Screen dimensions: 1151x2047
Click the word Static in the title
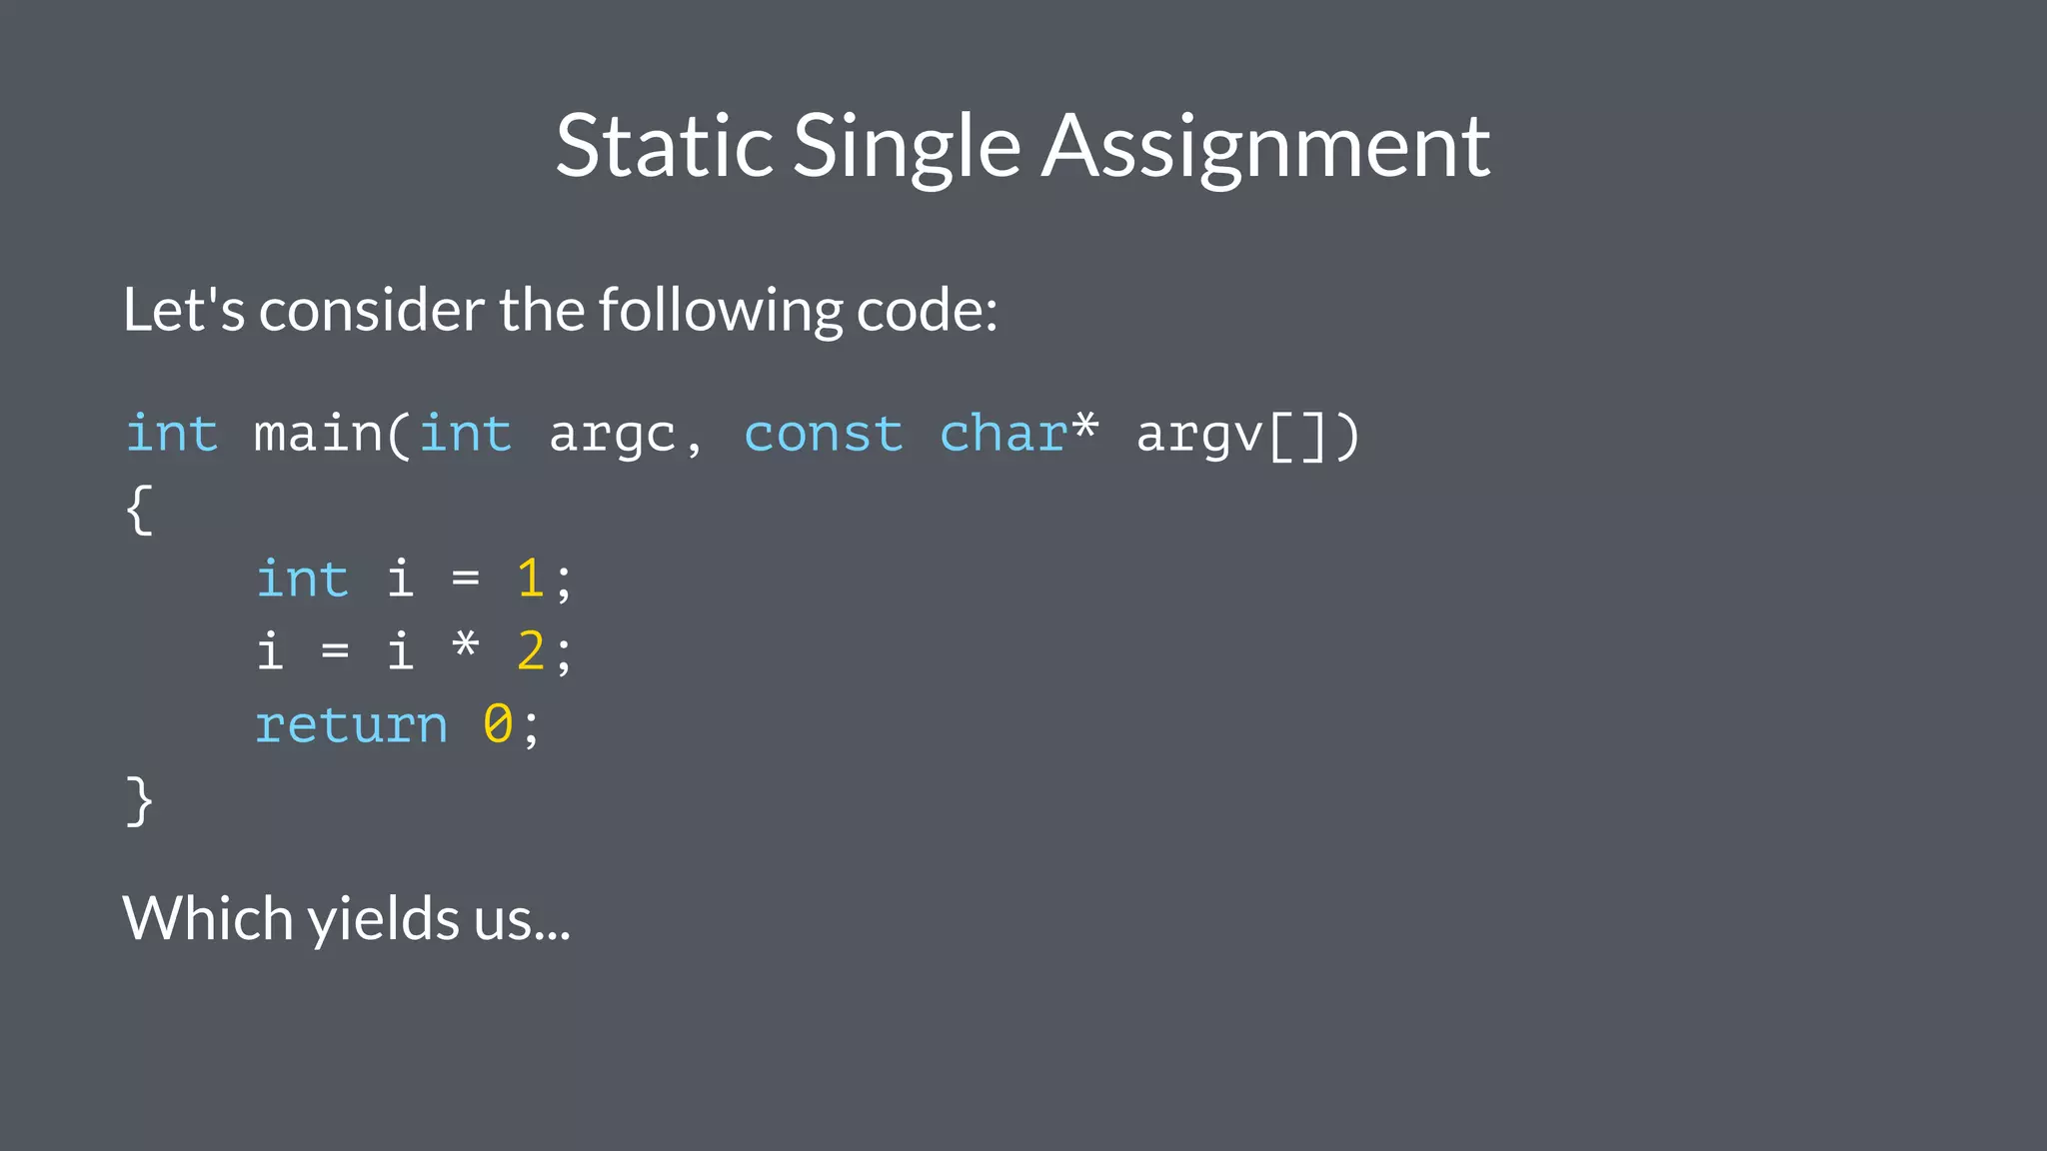(665, 146)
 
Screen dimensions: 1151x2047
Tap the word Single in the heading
(907, 146)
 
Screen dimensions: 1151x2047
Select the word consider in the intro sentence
(372, 310)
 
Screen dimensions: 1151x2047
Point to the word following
(721, 310)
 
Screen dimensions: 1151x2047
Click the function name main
(318, 434)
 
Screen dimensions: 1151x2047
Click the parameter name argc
(612, 434)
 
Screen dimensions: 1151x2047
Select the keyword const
(823, 434)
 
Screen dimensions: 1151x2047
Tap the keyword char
(1004, 434)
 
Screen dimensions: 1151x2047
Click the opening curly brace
(139, 509)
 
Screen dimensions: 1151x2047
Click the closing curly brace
(139, 800)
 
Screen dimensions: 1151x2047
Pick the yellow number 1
(530, 579)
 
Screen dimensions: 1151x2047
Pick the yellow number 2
(530, 652)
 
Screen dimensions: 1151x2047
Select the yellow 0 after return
(498, 724)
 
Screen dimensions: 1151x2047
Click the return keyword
(351, 724)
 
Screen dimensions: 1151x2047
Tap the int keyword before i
(302, 579)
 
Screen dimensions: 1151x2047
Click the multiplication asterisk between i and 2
(465, 647)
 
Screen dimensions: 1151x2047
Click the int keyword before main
(172, 434)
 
